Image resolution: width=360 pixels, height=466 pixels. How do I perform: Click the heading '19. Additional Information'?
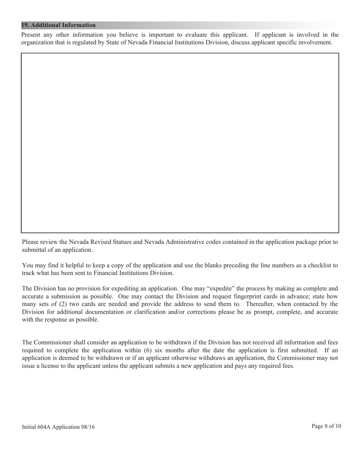coord(58,25)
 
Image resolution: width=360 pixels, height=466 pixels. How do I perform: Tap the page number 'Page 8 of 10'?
coord(326,426)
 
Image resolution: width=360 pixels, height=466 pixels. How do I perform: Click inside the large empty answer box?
coord(180,143)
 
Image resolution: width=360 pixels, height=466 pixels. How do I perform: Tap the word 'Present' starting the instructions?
coord(31,35)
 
